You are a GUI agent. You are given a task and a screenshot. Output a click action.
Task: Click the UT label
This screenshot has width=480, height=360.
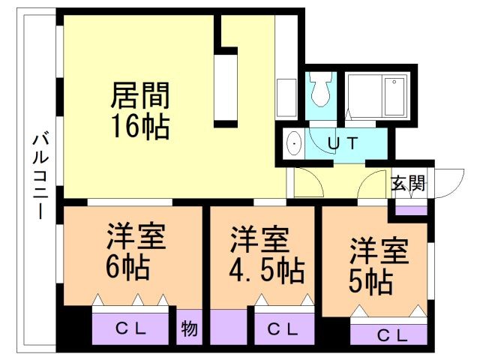(344, 141)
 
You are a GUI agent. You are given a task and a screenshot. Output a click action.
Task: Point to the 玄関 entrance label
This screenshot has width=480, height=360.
(408, 183)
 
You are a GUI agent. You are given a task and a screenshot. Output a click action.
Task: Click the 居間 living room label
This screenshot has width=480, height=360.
(140, 95)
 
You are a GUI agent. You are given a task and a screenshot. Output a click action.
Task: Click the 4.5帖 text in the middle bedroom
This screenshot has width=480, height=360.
(266, 270)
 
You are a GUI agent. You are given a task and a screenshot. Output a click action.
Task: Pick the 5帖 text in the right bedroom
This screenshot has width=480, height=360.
(370, 281)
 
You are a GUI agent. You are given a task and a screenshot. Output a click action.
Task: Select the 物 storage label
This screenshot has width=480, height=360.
(189, 328)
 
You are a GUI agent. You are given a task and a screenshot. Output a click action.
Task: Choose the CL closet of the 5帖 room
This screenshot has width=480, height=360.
(391, 334)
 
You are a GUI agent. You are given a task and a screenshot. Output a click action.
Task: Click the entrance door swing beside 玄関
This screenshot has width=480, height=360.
(448, 183)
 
